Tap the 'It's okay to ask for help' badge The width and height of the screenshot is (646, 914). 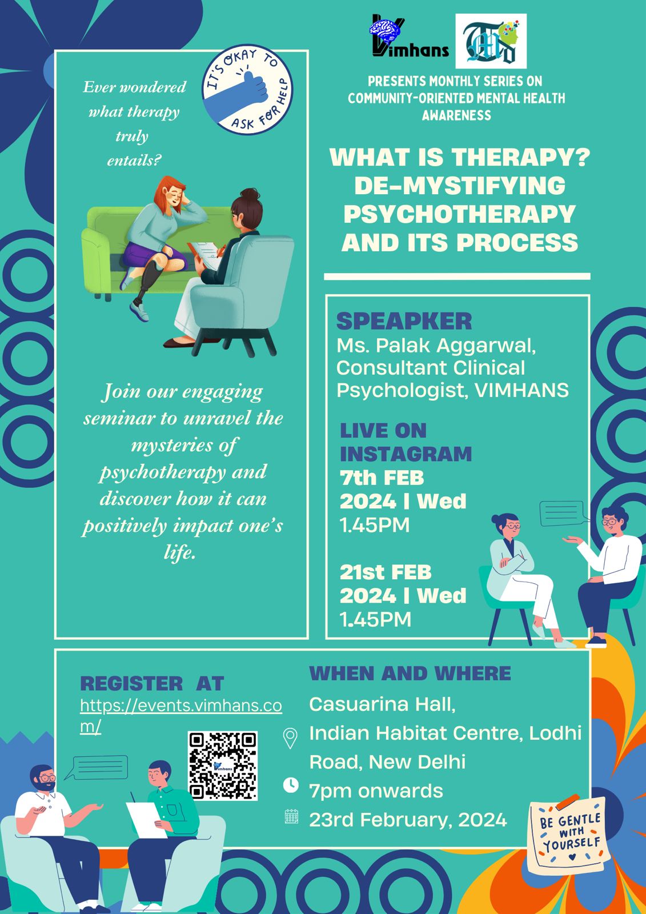click(248, 89)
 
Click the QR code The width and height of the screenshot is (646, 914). click(223, 766)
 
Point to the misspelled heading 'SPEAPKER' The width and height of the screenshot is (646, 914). click(404, 322)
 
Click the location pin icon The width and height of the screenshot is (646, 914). click(290, 739)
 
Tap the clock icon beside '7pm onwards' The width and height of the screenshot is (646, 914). click(291, 785)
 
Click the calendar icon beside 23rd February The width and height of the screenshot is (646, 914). click(291, 816)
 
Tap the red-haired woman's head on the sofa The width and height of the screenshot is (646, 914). click(171, 195)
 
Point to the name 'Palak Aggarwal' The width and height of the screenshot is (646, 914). click(455, 345)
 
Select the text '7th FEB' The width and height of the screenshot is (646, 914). click(382, 478)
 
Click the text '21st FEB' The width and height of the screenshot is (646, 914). click(386, 572)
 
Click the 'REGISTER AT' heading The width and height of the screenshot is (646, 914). click(152, 683)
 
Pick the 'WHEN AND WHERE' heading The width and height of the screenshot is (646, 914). click(410, 674)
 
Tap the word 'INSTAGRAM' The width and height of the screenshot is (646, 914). click(406, 454)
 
